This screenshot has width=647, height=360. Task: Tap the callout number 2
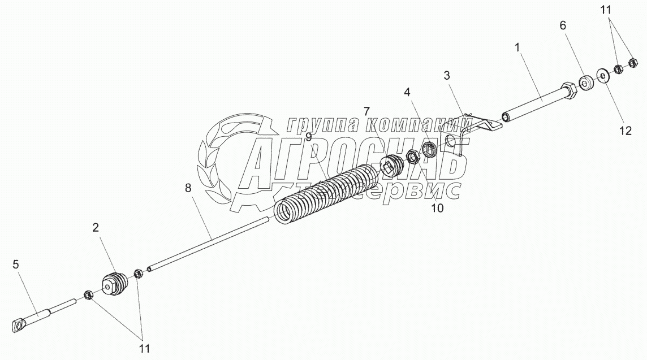click(x=96, y=228)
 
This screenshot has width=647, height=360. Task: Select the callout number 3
click(x=447, y=75)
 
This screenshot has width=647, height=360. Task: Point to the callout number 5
click(x=16, y=263)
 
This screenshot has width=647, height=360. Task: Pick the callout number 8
click(x=188, y=188)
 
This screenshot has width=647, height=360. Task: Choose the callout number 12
click(x=624, y=131)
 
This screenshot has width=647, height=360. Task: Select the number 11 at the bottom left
click(x=145, y=348)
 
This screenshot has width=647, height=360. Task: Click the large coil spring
click(x=328, y=192)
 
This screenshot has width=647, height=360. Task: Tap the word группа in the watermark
click(x=323, y=125)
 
